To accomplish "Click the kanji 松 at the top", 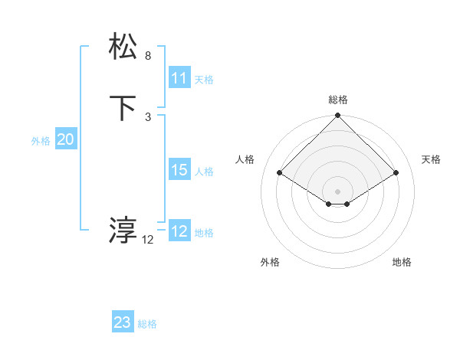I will tap(123, 47).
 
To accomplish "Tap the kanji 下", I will tap(123, 108).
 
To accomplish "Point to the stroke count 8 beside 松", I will tap(148, 56).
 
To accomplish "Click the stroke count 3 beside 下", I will tap(148, 116).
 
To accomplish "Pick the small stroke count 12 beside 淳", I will tap(148, 240).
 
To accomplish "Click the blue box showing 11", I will tap(179, 78).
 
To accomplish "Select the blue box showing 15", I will tap(179, 170).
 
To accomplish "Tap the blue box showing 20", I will tap(65, 139).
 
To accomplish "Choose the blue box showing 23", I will tap(123, 322).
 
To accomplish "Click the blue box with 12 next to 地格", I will tap(179, 231).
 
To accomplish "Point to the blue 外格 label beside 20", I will tap(41, 141).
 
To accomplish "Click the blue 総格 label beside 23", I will tap(147, 324).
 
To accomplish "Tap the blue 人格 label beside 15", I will tap(205, 172).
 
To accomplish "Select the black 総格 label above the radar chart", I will tap(338, 100).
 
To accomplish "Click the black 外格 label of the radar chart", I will tap(270, 262).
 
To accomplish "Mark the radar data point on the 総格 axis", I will tap(338, 116).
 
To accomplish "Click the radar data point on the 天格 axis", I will tap(396, 172).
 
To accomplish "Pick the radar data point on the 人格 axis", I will tap(280, 172).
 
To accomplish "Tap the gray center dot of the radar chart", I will tap(338, 191).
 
